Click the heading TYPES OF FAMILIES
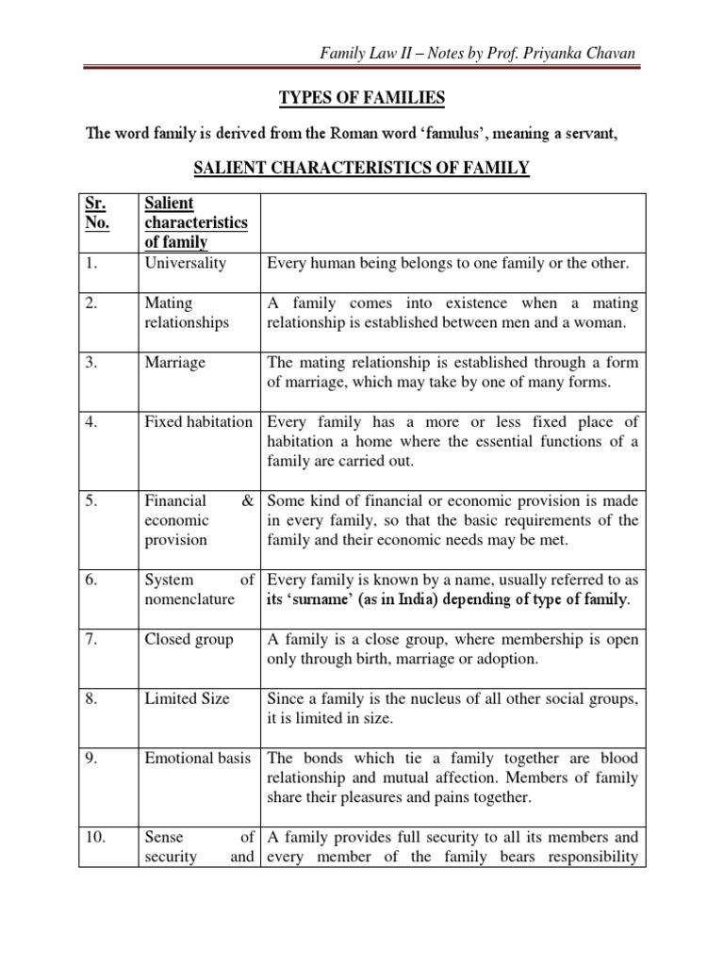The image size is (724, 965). (361, 98)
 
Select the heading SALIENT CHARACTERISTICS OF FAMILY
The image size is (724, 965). (361, 169)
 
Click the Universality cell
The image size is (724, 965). (186, 263)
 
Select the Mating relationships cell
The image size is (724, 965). (187, 313)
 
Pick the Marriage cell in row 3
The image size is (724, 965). (174, 363)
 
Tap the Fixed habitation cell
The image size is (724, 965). (198, 421)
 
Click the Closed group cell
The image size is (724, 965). (189, 640)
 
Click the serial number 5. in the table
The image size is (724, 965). (92, 501)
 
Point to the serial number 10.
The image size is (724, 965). (96, 837)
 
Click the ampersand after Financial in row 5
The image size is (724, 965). (247, 501)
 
